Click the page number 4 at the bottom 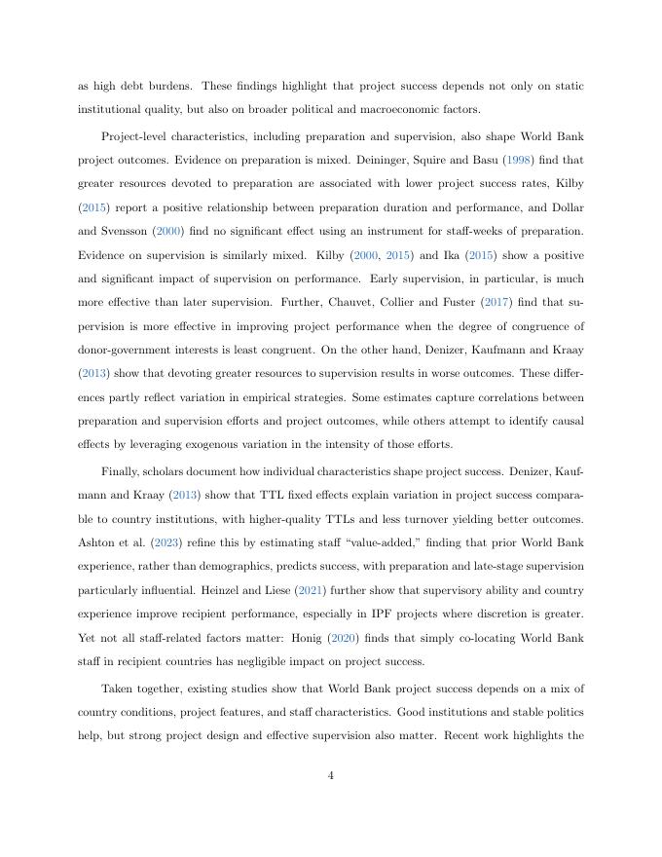(331, 775)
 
